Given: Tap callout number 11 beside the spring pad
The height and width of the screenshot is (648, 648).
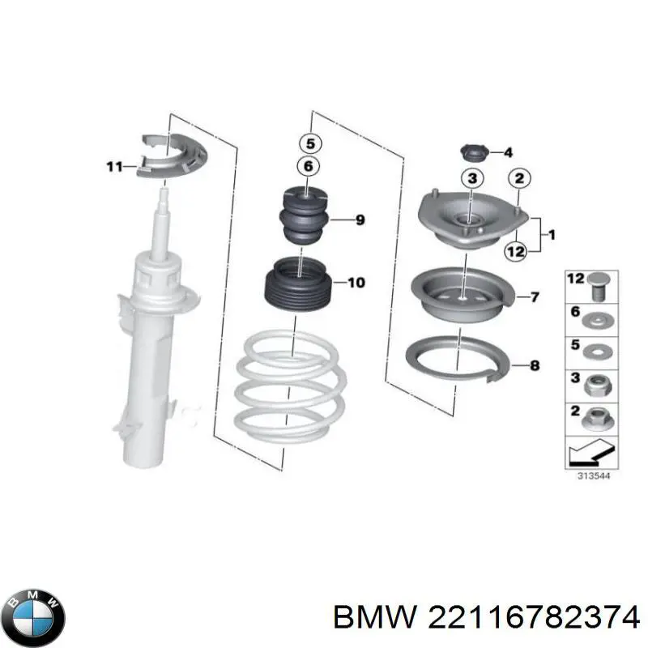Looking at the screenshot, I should click(114, 168).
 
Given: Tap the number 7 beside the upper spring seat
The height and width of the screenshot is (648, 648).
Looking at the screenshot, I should click(535, 297).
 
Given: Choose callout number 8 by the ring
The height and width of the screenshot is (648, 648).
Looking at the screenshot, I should click(534, 366).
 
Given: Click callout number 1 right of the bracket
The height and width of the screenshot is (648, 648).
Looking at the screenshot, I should click(552, 236).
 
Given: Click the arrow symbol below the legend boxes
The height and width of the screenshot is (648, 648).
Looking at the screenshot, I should click(589, 450).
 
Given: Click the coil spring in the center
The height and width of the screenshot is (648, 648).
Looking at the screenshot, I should click(288, 389).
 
